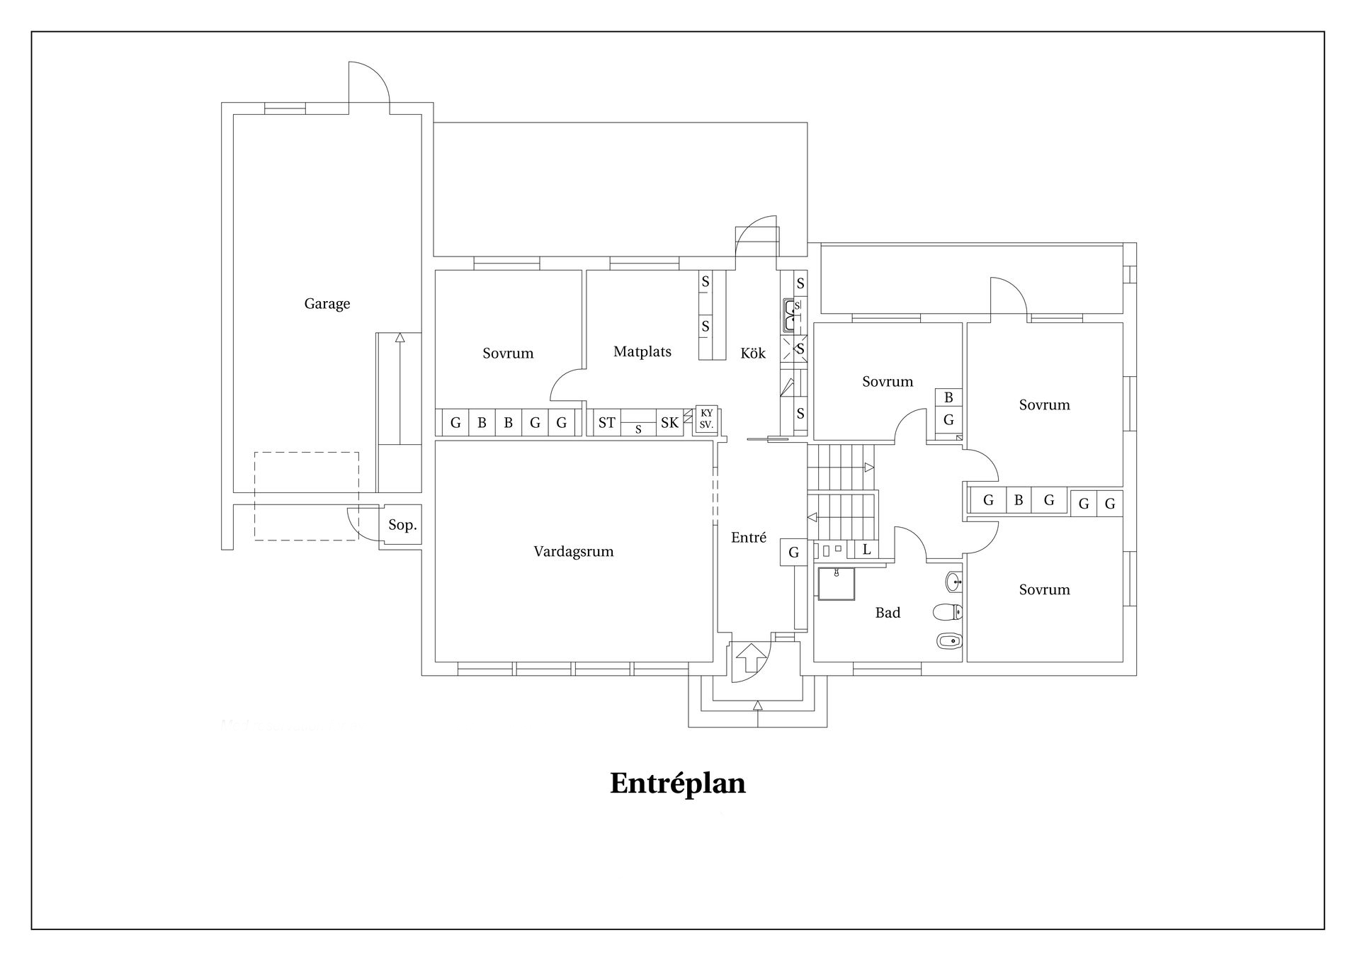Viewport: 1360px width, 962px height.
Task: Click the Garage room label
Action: (327, 304)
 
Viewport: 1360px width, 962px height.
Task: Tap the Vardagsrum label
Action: (574, 552)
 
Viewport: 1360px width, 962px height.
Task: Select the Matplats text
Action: (642, 351)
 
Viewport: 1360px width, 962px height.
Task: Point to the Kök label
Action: (753, 353)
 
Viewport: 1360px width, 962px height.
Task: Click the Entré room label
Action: (749, 538)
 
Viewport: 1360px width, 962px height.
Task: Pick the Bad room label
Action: (888, 613)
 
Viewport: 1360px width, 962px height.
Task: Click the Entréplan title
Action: (678, 784)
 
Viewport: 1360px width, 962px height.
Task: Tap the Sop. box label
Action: (402, 526)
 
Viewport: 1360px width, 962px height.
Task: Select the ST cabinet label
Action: (607, 423)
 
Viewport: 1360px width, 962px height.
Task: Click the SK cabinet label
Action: (669, 423)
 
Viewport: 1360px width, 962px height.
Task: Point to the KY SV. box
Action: (706, 419)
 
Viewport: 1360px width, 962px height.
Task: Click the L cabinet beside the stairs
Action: (866, 549)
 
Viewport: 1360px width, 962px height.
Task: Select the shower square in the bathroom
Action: (836, 583)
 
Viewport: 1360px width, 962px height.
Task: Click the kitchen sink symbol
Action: (793, 315)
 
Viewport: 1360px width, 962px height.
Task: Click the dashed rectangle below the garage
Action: (306, 496)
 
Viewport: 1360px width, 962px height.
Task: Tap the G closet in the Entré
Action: (794, 553)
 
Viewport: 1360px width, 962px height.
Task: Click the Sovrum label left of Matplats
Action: (508, 353)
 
